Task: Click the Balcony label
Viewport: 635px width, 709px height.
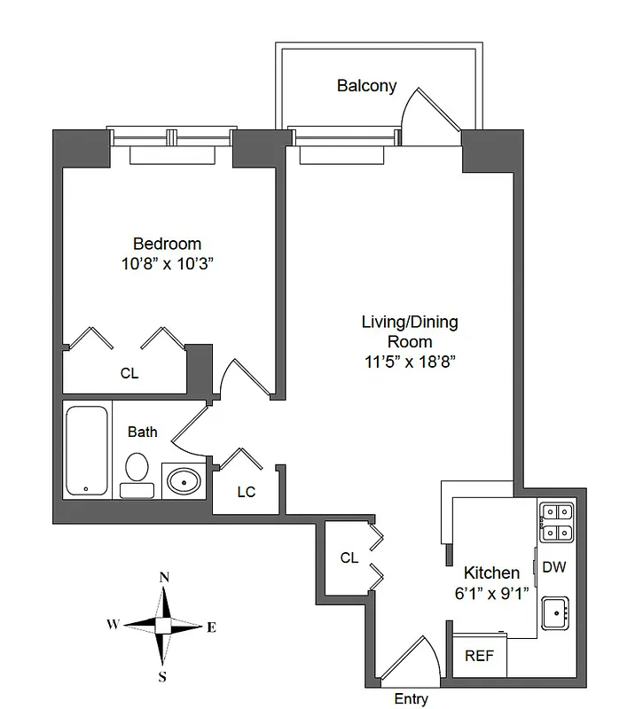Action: point(366,86)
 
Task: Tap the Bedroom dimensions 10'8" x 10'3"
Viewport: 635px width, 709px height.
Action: point(167,263)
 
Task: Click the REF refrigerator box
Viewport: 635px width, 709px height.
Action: point(480,657)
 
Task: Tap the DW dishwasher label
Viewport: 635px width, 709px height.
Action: point(553,567)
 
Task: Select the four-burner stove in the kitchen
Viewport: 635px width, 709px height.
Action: point(557,522)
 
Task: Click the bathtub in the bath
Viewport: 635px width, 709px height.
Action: point(88,450)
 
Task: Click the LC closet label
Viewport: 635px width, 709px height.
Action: point(246,492)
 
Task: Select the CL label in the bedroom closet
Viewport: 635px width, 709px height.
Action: point(129,374)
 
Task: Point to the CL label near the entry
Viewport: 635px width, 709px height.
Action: point(349,558)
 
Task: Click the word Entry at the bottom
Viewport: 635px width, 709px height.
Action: point(411,699)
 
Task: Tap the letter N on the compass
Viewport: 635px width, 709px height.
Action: point(164,578)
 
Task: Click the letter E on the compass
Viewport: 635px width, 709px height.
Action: point(211,627)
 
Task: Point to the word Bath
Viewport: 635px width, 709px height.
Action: point(143,432)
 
